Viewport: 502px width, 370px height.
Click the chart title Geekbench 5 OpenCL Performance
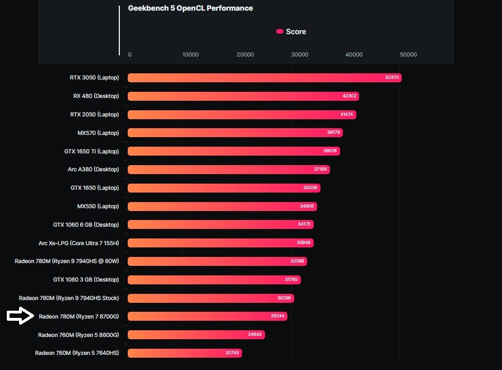coord(190,8)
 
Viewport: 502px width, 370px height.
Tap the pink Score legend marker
coord(280,32)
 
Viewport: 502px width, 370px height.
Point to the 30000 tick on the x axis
coord(300,55)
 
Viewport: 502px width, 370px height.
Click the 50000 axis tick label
coord(408,55)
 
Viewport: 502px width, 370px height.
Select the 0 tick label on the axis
coord(130,55)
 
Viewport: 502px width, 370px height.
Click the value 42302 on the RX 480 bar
coord(350,96)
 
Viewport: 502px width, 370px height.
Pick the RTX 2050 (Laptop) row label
coord(94,114)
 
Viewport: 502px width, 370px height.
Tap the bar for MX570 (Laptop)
coord(235,133)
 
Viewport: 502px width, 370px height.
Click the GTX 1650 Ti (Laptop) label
coord(91,151)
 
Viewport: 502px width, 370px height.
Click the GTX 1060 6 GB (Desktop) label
coord(86,224)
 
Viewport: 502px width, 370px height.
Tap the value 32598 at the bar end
coord(298,261)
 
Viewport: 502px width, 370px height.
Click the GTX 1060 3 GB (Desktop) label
coord(86,279)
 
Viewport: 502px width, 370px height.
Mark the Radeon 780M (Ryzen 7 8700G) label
coord(78,316)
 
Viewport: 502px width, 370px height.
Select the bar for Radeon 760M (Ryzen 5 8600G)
coord(196,335)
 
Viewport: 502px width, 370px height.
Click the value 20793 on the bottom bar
coord(233,353)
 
